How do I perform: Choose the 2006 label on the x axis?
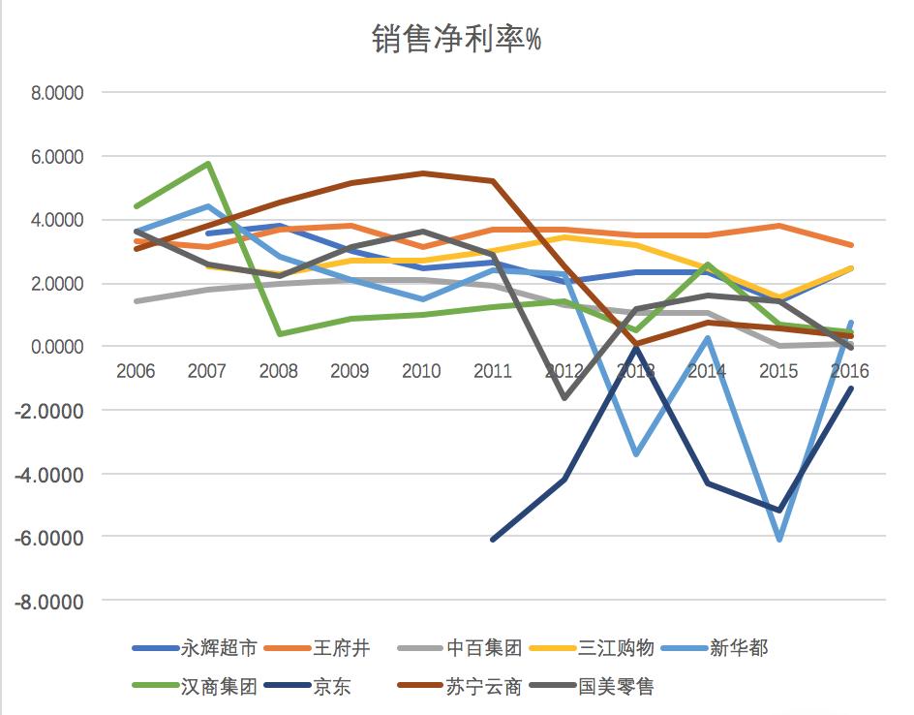click(136, 371)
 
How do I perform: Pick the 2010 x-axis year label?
click(421, 371)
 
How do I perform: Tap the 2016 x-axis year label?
click(849, 371)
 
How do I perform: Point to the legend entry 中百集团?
click(485, 648)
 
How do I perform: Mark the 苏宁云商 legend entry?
click(485, 687)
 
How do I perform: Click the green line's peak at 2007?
click(207, 164)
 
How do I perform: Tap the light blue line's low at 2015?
click(778, 539)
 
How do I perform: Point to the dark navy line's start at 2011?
click(493, 540)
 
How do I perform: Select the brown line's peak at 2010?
click(421, 173)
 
